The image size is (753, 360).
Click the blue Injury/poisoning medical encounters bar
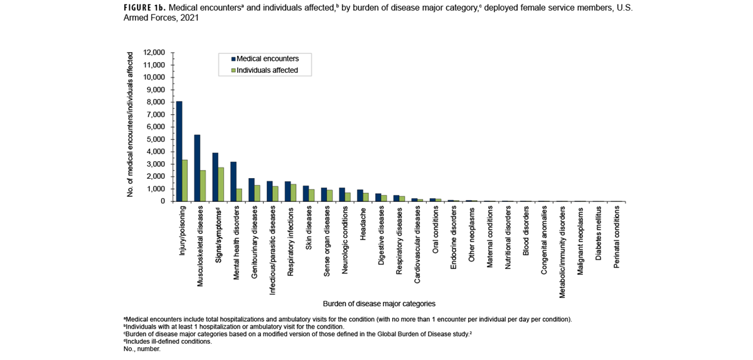(x=179, y=151)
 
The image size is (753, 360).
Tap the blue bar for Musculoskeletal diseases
(x=197, y=168)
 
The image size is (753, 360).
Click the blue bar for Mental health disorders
(x=233, y=182)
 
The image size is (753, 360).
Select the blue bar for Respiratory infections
(x=287, y=191)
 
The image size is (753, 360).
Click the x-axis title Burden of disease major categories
(x=379, y=304)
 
